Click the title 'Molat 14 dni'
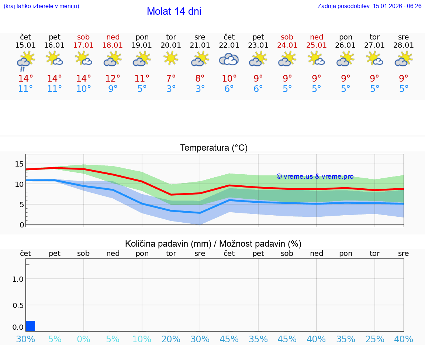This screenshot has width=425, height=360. (174, 11)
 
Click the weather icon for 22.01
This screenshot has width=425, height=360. (229, 59)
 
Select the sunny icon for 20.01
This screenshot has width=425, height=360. (171, 58)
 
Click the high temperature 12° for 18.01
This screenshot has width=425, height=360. (113, 79)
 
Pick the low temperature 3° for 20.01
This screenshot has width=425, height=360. (171, 89)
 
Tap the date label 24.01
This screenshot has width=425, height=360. (287, 45)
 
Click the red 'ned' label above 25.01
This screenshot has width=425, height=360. (316, 37)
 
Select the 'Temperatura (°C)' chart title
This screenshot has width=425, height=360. (214, 148)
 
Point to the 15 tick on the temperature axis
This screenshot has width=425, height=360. (19, 164)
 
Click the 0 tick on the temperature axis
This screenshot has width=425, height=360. (22, 224)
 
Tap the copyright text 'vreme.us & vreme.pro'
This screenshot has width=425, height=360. (315, 176)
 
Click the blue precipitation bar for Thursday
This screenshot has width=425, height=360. (31, 326)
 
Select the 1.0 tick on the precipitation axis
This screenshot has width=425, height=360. (18, 279)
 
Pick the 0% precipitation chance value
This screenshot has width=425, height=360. (84, 339)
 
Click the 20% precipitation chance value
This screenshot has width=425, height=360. (171, 339)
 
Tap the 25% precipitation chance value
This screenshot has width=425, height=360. (374, 339)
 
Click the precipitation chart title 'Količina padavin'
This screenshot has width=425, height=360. (213, 244)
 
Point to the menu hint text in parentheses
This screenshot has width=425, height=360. (41, 6)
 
